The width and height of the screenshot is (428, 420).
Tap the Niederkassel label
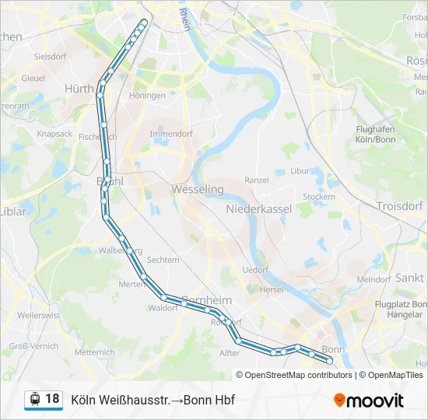click(x=258, y=209)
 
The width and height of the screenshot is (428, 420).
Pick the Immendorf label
click(x=170, y=134)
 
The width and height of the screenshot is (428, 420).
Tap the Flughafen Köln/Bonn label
click(x=375, y=134)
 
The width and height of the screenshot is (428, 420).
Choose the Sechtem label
click(x=163, y=260)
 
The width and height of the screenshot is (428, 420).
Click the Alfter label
click(x=230, y=352)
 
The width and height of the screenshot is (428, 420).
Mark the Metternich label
click(x=95, y=352)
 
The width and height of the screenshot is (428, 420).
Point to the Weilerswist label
click(x=38, y=315)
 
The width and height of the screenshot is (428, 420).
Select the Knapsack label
click(x=54, y=134)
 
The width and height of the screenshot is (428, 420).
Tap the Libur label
click(x=300, y=170)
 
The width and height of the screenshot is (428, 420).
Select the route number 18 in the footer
click(x=52, y=399)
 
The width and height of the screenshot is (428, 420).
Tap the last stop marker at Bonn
click(x=330, y=361)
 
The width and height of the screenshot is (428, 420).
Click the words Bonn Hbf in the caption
click(x=212, y=400)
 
